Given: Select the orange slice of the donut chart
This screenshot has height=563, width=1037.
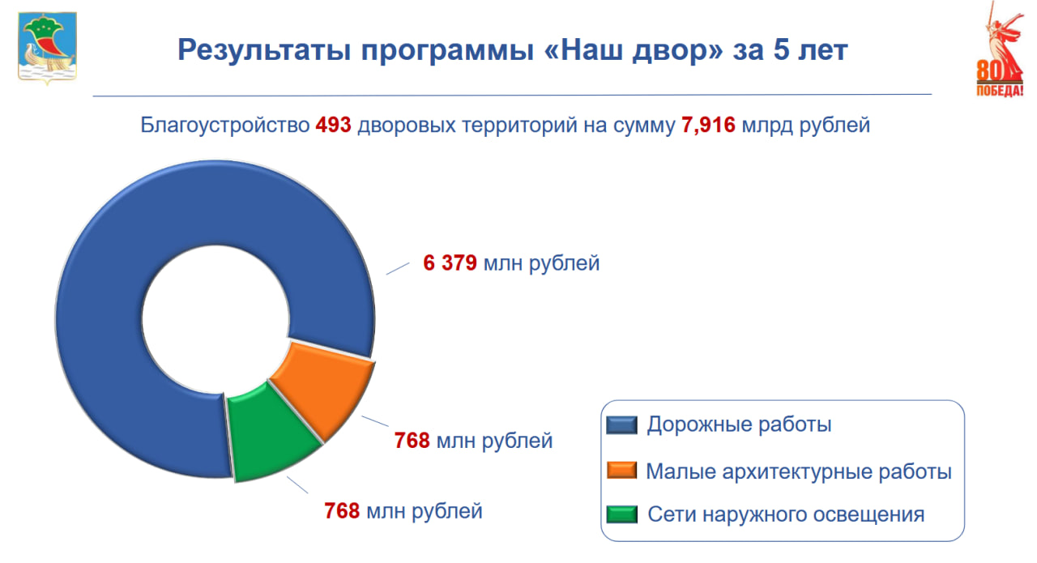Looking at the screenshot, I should tap(324, 389).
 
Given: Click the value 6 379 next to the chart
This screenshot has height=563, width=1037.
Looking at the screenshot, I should tap(450, 263).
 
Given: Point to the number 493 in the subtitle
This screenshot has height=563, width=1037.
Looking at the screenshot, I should tap(334, 126).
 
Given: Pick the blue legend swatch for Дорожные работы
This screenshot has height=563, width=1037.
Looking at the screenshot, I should tap(622, 425).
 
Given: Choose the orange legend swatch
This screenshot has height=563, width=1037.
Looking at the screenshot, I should tap(622, 471).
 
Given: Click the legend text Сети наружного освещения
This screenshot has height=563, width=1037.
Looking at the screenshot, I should tap(786, 514).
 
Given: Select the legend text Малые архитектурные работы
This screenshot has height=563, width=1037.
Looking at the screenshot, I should tap(798, 471).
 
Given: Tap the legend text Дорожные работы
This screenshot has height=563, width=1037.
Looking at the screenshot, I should tap(739, 424).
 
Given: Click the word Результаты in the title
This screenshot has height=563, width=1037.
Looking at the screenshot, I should tap(262, 50).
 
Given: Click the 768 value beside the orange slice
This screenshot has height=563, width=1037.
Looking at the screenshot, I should tap(412, 441).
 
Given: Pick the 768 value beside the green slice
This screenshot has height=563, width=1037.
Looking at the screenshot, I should tap(342, 512).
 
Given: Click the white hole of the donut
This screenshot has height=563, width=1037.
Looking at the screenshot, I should tap(215, 316).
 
